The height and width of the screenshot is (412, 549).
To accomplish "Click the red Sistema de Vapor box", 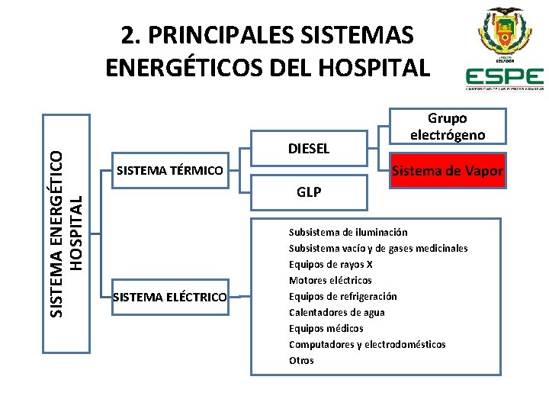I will pyautogui.click(x=447, y=172).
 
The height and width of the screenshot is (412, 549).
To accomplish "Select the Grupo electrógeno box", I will pyautogui.click(x=447, y=126).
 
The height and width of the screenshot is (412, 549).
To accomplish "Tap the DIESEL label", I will pyautogui.click(x=309, y=149).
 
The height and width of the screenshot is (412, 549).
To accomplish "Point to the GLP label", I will pyautogui.click(x=309, y=192).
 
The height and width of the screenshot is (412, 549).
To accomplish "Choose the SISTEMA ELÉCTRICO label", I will pyautogui.click(x=169, y=296).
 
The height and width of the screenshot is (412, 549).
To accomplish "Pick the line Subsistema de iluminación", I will pyautogui.click(x=348, y=232).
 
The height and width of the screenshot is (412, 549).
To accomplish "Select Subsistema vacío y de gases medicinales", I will pyautogui.click(x=377, y=248).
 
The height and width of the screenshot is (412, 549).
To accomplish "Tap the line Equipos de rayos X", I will pyautogui.click(x=330, y=264).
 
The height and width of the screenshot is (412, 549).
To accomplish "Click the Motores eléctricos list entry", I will pyautogui.click(x=330, y=280).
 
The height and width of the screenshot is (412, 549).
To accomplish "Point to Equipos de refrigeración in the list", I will pyautogui.click(x=342, y=296).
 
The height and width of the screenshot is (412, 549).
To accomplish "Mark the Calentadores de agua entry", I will pyautogui.click(x=336, y=312).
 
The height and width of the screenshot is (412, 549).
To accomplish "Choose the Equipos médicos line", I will pyautogui.click(x=326, y=328).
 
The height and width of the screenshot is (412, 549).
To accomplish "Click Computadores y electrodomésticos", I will pyautogui.click(x=367, y=344).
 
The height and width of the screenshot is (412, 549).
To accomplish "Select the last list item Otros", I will pyautogui.click(x=301, y=360).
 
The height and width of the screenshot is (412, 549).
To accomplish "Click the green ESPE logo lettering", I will pyautogui.click(x=504, y=77).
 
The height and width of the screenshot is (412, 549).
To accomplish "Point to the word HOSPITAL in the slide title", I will pyautogui.click(x=377, y=68).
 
